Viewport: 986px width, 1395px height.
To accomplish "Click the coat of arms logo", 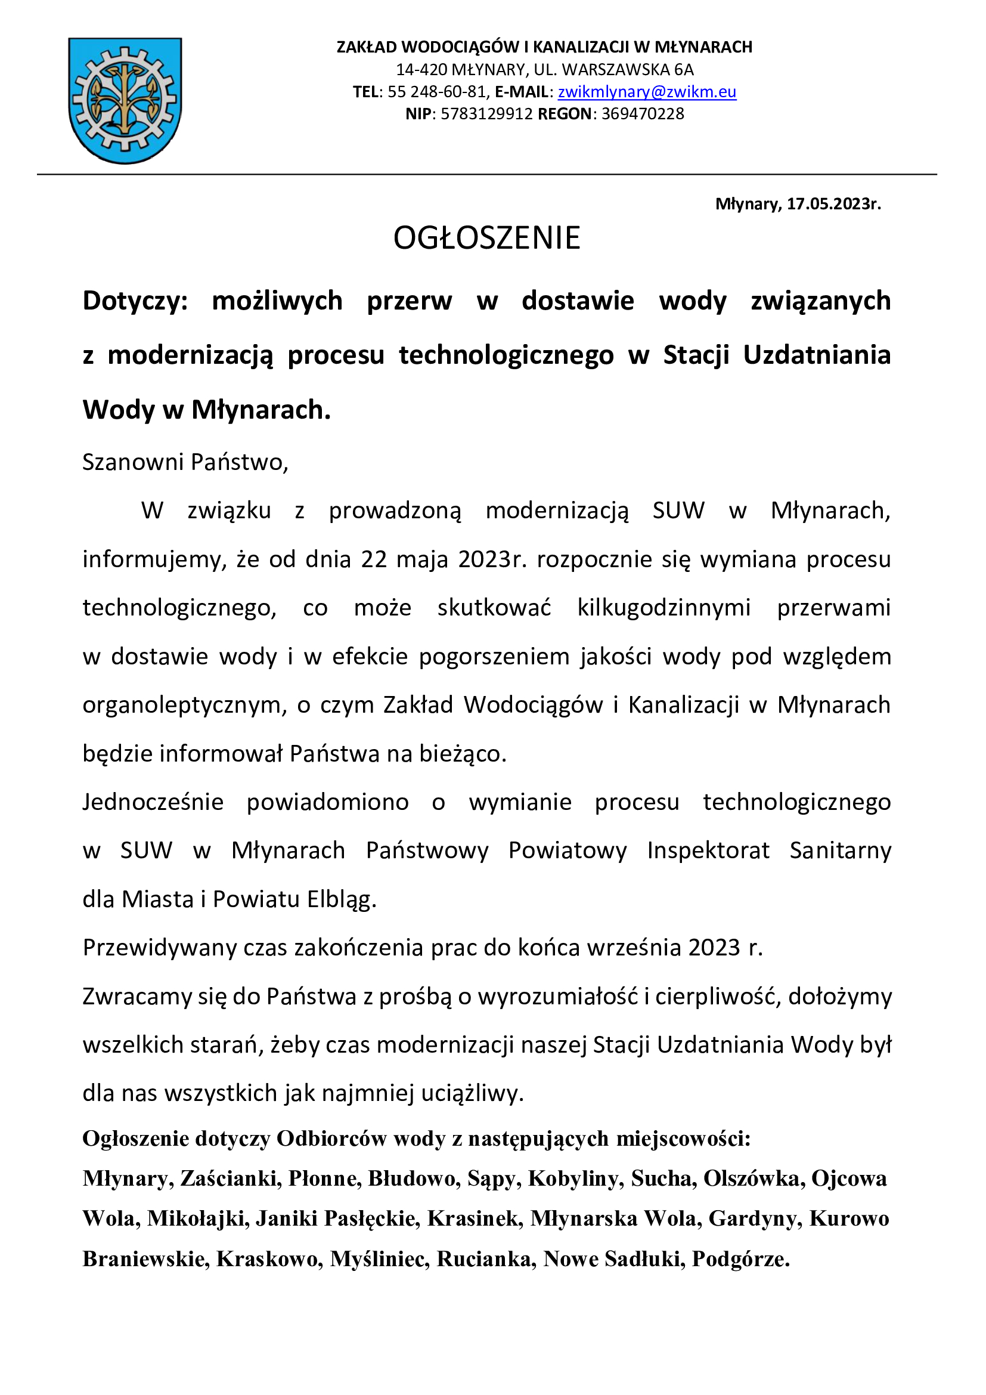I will (125, 100).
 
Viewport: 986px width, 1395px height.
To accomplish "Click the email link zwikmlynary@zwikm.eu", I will (647, 92).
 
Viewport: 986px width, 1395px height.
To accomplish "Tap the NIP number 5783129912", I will (486, 115).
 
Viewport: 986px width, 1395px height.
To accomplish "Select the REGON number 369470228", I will (643, 115).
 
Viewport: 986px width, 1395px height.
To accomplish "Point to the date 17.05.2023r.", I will (833, 204).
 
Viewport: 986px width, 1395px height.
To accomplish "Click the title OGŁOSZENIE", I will (487, 237).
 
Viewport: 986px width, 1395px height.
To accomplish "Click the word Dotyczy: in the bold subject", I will (135, 301).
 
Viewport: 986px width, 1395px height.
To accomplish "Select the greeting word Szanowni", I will (133, 462).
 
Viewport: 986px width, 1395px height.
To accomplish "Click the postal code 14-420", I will (421, 70).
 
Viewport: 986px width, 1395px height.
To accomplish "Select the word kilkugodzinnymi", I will (663, 608).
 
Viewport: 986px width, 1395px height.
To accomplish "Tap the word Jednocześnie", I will (153, 802).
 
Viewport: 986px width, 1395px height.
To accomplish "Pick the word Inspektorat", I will (708, 850).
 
